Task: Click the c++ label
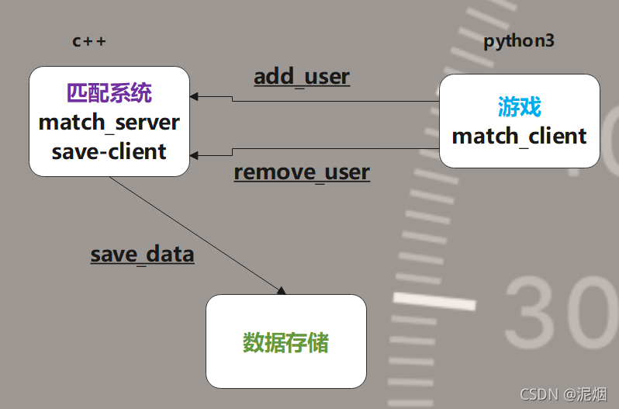click(89, 42)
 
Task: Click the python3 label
click(519, 41)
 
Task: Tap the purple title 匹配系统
click(109, 94)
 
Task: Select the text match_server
click(109, 122)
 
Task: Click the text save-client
click(109, 151)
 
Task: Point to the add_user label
click(302, 77)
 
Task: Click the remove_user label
click(302, 172)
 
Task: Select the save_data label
click(142, 254)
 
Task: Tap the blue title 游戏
click(519, 107)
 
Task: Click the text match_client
click(519, 136)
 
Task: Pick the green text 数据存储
click(285, 342)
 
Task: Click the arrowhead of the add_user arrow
click(194, 96)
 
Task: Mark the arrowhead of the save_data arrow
click(281, 290)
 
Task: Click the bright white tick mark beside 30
click(434, 300)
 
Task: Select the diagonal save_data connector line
click(194, 233)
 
